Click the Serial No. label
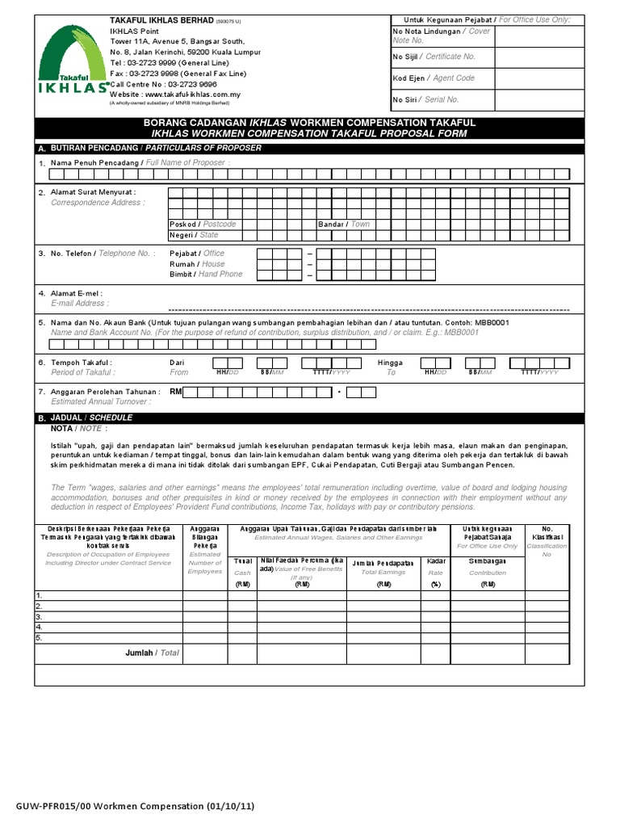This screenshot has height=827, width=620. [x=425, y=99]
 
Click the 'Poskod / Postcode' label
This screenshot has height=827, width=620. [x=203, y=224]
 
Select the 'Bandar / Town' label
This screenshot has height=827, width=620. [x=344, y=224]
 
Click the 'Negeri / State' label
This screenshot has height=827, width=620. [x=194, y=235]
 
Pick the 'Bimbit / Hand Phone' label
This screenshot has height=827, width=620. [x=205, y=275]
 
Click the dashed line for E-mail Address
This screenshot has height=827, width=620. [x=368, y=310]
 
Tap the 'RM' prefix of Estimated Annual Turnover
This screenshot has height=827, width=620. [x=176, y=392]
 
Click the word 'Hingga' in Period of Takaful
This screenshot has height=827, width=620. [x=390, y=363]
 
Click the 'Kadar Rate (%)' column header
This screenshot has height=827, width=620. [x=436, y=572]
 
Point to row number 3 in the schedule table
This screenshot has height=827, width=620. [x=39, y=615]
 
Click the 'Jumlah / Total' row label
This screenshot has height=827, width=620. [x=152, y=653]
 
